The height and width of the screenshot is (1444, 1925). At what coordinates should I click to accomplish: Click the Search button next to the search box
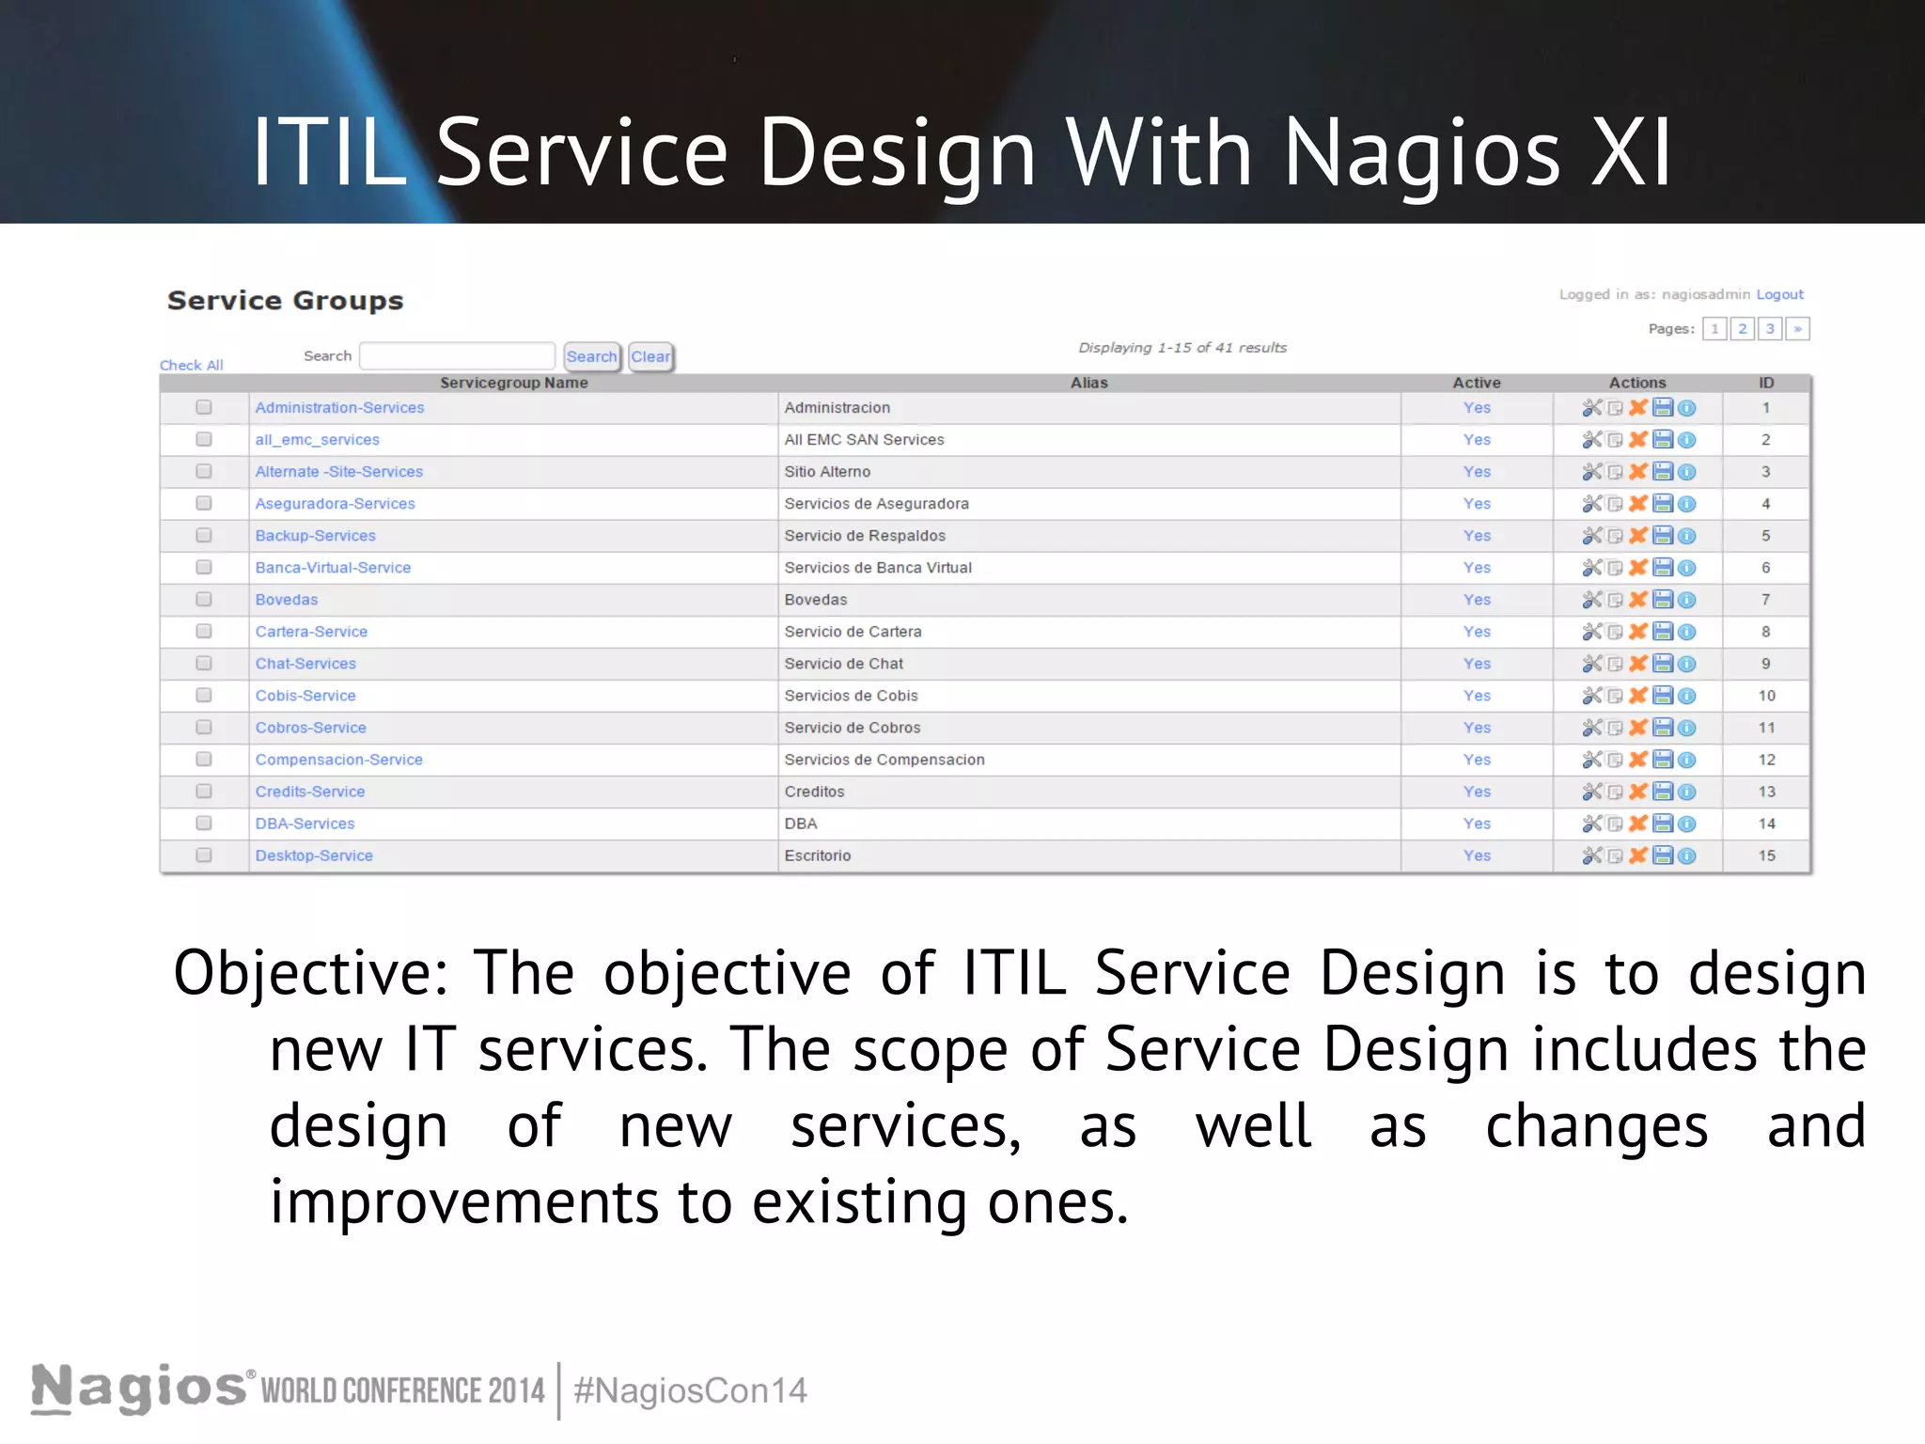(x=591, y=356)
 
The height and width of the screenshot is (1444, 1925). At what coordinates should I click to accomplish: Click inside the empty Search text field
(x=457, y=356)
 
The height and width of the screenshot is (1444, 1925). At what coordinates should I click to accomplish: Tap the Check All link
(x=191, y=366)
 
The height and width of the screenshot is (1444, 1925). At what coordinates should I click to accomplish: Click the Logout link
(x=1779, y=294)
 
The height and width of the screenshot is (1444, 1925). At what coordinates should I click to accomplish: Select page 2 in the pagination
(x=1742, y=329)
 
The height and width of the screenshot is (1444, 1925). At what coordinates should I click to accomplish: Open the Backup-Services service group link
(x=315, y=536)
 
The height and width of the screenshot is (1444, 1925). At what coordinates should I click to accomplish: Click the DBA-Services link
(x=305, y=824)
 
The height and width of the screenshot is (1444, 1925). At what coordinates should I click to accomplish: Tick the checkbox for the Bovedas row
(x=204, y=599)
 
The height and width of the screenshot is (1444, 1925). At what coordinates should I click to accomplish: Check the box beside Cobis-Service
(x=204, y=695)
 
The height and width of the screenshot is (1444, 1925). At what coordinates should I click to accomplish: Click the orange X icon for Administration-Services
(x=1638, y=407)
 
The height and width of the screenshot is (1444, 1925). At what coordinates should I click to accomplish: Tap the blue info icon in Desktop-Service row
(x=1687, y=855)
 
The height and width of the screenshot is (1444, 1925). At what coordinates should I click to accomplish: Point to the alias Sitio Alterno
(x=827, y=472)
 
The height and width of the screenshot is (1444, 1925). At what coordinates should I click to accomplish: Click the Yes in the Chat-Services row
(x=1477, y=664)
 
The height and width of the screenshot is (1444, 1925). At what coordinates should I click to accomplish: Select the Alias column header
(x=1088, y=383)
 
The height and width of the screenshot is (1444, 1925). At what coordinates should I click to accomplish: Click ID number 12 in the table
(x=1766, y=760)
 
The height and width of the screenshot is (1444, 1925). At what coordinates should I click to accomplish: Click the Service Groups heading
(x=285, y=301)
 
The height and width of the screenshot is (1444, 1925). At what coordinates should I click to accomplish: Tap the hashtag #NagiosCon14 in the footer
(x=690, y=1390)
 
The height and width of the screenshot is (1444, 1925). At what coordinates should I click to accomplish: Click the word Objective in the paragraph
(x=310, y=973)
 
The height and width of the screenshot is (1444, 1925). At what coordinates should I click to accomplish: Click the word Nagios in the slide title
(x=1422, y=153)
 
